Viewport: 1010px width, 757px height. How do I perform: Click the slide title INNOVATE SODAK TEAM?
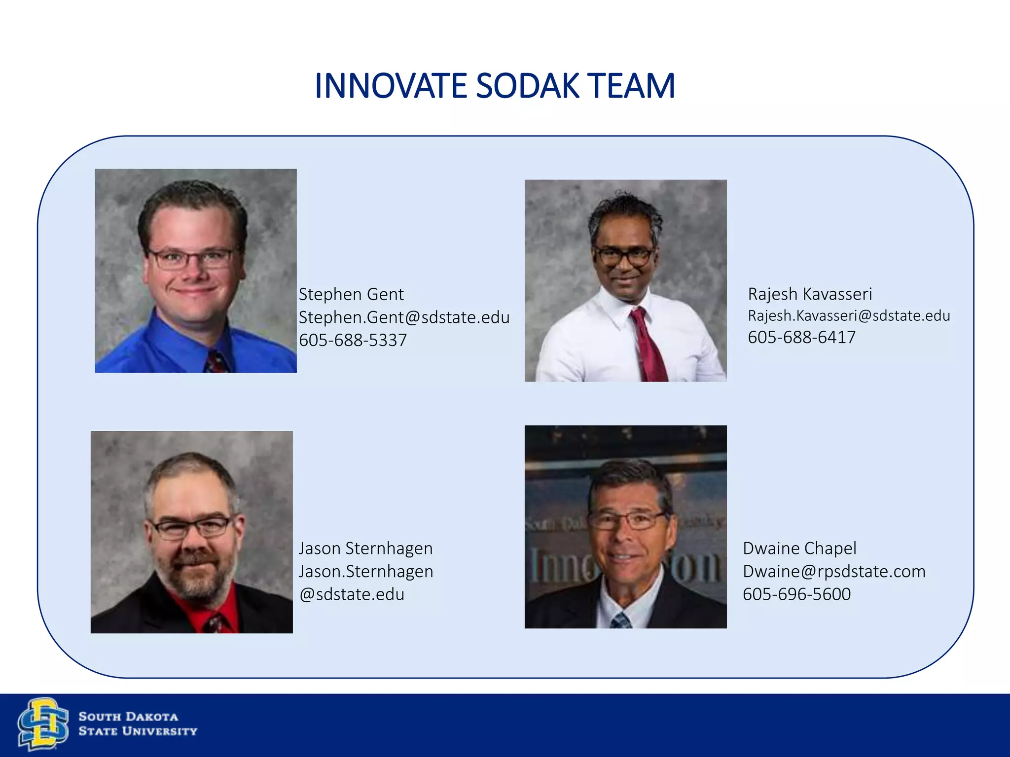[495, 86]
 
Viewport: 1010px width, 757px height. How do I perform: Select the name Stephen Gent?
[351, 294]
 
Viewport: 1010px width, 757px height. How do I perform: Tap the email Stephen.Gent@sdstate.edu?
[404, 317]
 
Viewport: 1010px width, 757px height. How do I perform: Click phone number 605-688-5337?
[353, 340]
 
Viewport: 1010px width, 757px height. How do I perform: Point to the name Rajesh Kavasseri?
[810, 294]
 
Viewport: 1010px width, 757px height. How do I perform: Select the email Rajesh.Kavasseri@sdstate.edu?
[849, 315]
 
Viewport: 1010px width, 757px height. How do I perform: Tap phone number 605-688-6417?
[801, 337]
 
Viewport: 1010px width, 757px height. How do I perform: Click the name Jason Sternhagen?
[365, 548]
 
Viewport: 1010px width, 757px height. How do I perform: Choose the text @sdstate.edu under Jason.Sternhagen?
[352, 594]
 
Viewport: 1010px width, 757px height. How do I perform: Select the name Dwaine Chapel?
[799, 548]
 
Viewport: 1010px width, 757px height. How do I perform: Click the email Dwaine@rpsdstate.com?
[834, 571]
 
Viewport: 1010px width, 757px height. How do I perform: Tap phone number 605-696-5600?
[796, 594]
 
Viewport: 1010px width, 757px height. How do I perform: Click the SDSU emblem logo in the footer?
[43, 723]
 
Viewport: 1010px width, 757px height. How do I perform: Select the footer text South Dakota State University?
[138, 723]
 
